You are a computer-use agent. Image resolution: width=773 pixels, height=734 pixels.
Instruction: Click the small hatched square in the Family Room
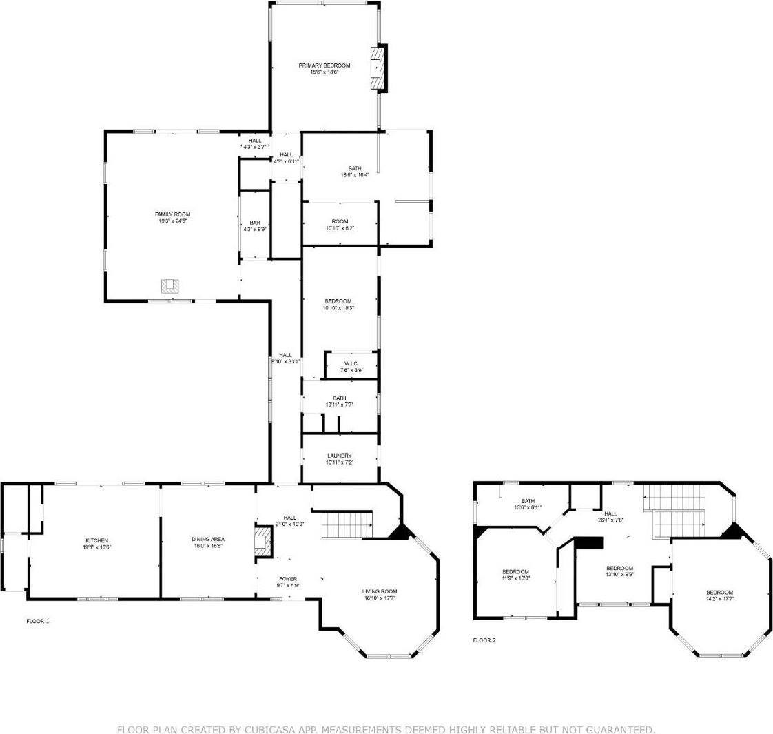(x=170, y=285)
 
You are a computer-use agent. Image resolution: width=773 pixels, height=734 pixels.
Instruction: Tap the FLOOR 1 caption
(x=38, y=621)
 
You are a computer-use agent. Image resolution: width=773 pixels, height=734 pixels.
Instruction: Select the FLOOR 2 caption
(x=484, y=640)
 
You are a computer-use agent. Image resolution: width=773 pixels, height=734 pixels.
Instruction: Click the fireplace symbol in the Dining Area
(x=262, y=542)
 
